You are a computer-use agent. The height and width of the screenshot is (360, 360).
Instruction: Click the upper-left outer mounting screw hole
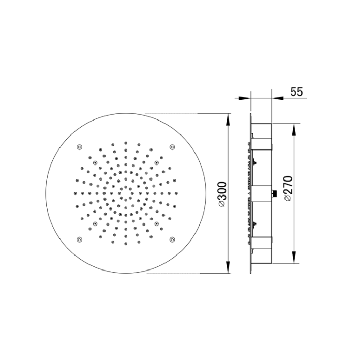coord(79,147)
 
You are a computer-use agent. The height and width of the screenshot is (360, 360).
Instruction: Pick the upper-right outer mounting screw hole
coord(172,147)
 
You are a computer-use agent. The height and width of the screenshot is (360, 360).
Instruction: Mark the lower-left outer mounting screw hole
coord(79,239)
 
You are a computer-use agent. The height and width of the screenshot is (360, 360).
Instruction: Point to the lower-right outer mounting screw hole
coord(172,239)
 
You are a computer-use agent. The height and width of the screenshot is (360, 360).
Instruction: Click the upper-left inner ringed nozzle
coord(95,162)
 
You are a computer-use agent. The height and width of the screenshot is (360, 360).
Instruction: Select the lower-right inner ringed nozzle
coord(156,224)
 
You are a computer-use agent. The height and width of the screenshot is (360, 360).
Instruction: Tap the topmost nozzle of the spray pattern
coord(125,140)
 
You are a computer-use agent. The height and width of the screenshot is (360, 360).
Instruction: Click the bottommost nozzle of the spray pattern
coord(125,247)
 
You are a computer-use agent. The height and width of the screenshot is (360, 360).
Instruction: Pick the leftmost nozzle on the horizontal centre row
coord(72,193)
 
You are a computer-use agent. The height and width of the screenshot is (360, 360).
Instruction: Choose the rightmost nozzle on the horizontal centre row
coord(179,193)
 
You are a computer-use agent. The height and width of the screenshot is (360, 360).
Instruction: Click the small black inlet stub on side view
coord(275,194)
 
